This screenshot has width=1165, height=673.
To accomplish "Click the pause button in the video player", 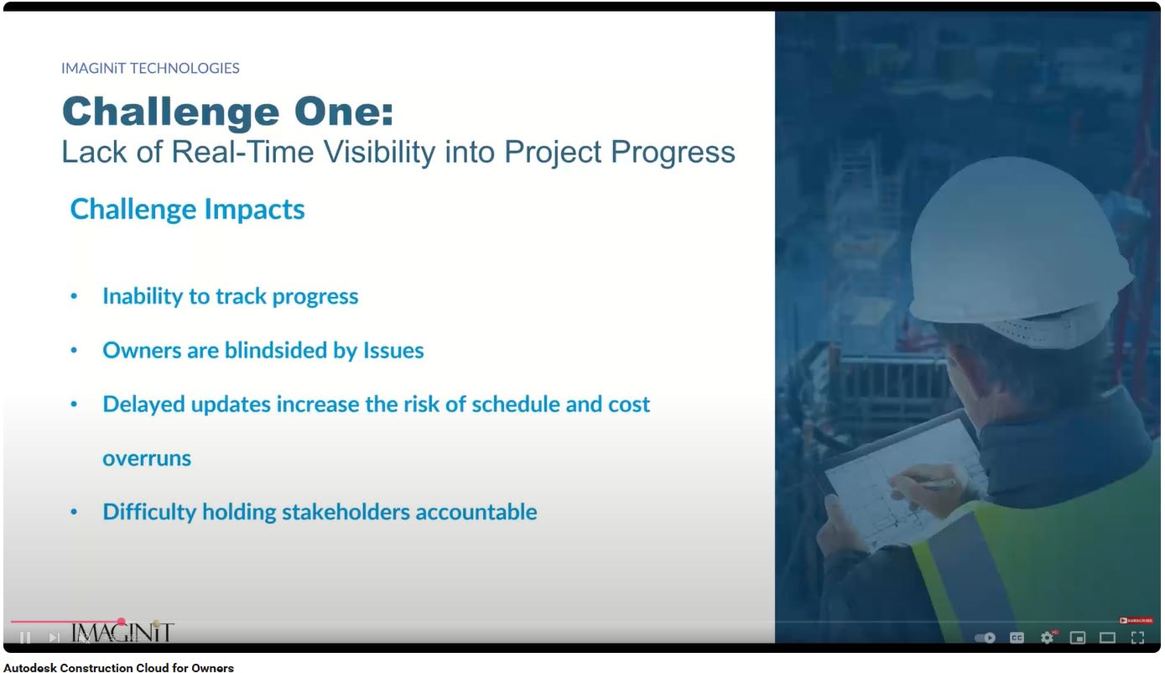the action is [25, 637].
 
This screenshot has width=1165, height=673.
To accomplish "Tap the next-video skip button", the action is [54, 637].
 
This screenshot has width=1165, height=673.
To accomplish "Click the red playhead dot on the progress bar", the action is [121, 622].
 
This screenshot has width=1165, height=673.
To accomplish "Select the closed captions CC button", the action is [1017, 638].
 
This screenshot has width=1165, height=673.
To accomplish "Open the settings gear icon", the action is [1047, 637].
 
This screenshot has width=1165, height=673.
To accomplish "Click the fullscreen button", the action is [1137, 638].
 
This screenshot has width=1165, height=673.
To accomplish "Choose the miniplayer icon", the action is [1077, 638].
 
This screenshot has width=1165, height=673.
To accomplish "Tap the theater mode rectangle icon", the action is [1107, 638].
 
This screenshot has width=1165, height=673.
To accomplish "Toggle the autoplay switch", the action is [985, 638].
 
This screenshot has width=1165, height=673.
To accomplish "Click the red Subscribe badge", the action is [1136, 620].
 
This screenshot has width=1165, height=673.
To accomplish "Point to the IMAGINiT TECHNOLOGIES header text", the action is [150, 68].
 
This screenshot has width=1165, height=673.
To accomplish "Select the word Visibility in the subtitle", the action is [379, 152].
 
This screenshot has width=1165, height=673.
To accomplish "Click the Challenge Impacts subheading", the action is [187, 209].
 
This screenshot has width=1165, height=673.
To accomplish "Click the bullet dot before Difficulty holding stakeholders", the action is [74, 512].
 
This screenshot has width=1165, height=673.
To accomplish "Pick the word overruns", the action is [147, 458].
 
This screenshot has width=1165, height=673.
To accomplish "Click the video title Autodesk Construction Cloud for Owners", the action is [118, 668].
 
